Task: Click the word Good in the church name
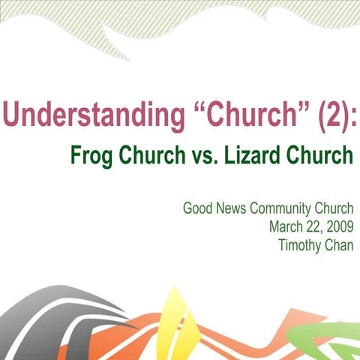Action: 198,208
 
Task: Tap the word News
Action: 235,208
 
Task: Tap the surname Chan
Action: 339,244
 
